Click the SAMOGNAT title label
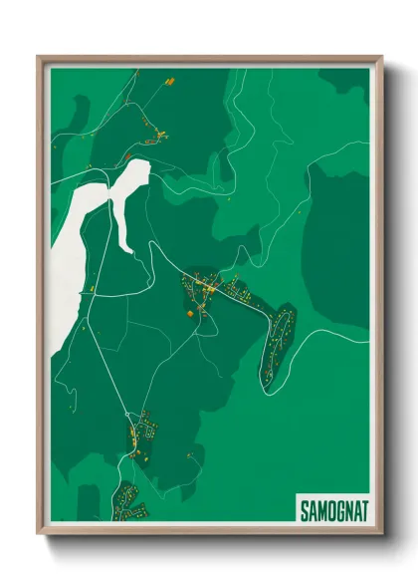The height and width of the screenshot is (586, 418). pos(333,509)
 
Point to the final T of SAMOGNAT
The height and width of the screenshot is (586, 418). pos(363,509)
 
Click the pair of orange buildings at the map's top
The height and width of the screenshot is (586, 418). pos(168,80)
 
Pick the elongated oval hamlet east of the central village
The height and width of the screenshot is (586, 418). pos(278,344)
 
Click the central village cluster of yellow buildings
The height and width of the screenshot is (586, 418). pos(209,290)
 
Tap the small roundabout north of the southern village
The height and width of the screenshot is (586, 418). pos(128,412)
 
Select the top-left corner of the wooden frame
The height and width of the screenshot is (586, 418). pos(39,57)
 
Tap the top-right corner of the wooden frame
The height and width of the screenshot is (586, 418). pos(381,57)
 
